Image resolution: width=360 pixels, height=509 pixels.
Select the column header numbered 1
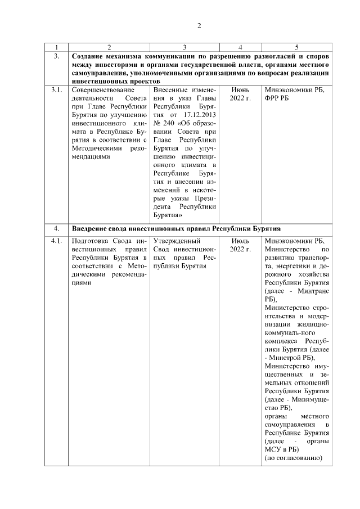57,47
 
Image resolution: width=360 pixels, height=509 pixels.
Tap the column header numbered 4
240,47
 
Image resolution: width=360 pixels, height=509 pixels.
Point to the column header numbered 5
297,47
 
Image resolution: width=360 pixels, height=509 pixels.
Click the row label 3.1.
57,90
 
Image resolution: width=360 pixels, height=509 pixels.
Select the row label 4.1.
57,242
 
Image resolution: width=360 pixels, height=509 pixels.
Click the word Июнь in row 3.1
240,90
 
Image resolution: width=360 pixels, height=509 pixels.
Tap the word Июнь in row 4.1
240,242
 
